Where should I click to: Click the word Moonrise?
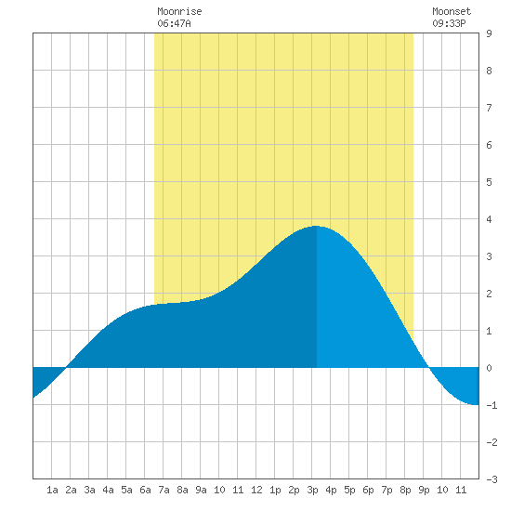pyautogui.click(x=179, y=11)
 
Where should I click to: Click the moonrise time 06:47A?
pyautogui.click(x=174, y=23)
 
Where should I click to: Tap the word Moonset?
pyautogui.click(x=452, y=11)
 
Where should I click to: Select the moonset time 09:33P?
pyautogui.click(x=449, y=23)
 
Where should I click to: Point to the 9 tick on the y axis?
pyautogui.click(x=489, y=33)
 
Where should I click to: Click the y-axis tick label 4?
pyautogui.click(x=489, y=219)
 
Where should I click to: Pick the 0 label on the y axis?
pyautogui.click(x=489, y=368)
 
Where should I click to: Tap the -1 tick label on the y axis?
pyautogui.click(x=491, y=405)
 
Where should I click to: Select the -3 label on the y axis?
pyautogui.click(x=491, y=479)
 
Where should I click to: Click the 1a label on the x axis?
pyautogui.click(x=52, y=490)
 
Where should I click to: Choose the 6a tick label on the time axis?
pyautogui.click(x=145, y=490)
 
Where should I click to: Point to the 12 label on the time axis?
pyautogui.click(x=256, y=490)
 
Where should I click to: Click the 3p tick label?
pyautogui.click(x=312, y=490)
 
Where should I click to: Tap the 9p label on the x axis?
pyautogui.click(x=424, y=490)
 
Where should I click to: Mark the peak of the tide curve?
pyautogui.click(x=316, y=226)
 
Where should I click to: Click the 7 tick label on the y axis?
pyautogui.click(x=489, y=108)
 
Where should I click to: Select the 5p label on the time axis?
pyautogui.click(x=349, y=490)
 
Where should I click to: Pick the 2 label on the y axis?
pyautogui.click(x=489, y=294)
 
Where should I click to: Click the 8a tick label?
pyautogui.click(x=182, y=490)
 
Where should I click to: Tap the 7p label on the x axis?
pyautogui.click(x=387, y=490)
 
